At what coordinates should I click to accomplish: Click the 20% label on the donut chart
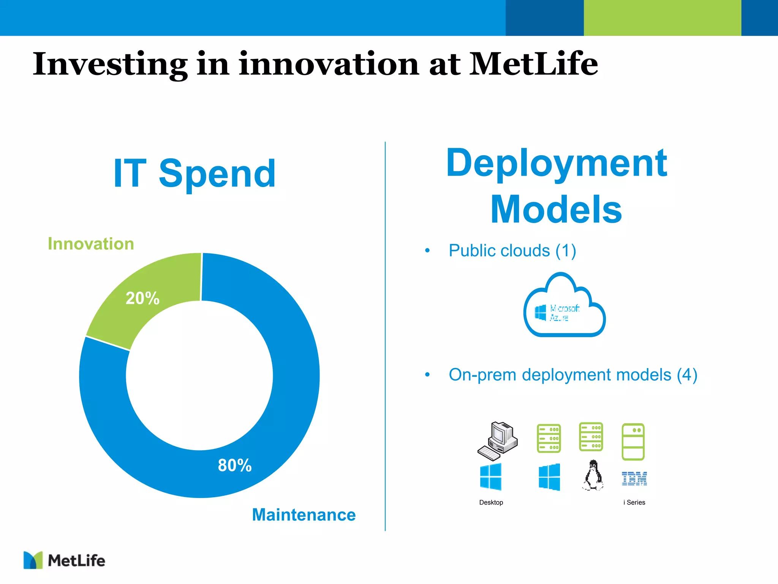click(x=142, y=298)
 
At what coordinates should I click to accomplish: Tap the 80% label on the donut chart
click(x=234, y=465)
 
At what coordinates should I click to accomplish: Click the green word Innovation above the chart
click(x=91, y=244)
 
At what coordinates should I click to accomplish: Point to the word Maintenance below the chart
click(x=304, y=515)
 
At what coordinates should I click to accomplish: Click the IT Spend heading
click(x=194, y=174)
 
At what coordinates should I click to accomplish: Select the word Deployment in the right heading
click(x=557, y=163)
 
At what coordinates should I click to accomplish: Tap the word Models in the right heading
click(x=556, y=209)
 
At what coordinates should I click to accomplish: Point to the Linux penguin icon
click(x=593, y=476)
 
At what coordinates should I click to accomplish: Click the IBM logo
click(x=634, y=478)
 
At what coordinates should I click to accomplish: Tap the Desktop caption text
click(x=491, y=502)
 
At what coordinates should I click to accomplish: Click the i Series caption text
click(x=634, y=502)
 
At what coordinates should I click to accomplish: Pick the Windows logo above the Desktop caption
click(x=490, y=477)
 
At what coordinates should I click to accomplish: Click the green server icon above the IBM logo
click(x=633, y=441)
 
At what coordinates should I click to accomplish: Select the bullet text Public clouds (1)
click(x=512, y=251)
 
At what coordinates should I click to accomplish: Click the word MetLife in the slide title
click(x=533, y=64)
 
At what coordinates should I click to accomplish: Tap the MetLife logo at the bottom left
click(x=64, y=560)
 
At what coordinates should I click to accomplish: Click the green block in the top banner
click(x=662, y=18)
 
